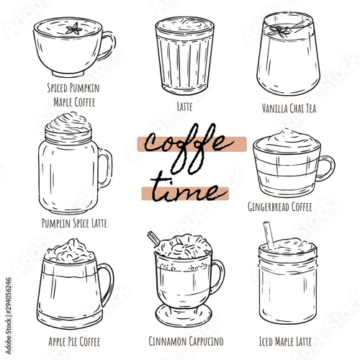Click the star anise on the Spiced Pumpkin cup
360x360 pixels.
click(74, 29)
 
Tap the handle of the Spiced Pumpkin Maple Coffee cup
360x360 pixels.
click(112, 45)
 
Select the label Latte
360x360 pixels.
click(184, 107)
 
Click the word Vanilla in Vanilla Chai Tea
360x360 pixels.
click(274, 108)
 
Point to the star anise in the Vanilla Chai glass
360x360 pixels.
click(280, 32)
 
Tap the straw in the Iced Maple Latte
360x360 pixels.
click(269, 235)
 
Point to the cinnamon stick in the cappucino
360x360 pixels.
click(154, 238)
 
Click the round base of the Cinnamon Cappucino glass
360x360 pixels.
click(184, 315)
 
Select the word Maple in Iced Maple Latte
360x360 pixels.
click(285, 341)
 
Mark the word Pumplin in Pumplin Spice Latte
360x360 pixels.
click(56, 223)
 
